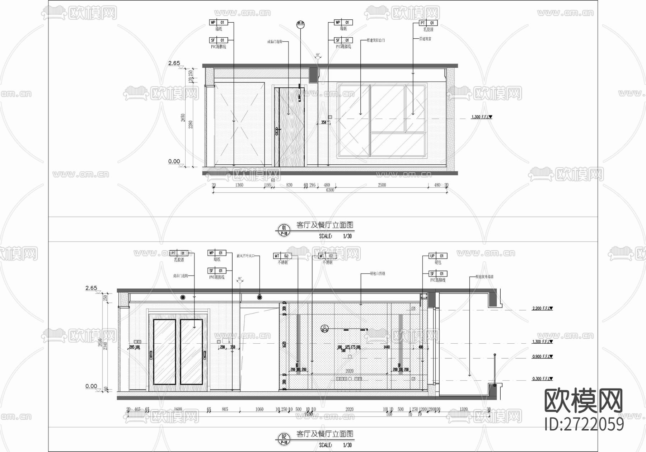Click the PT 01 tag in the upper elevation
(428, 23)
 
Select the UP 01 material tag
(438, 256)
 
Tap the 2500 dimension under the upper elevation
(382, 185)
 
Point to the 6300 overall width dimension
(330, 190)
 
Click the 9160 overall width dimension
(309, 414)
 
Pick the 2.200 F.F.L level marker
(542, 308)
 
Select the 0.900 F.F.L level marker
(542, 357)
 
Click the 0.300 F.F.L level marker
(542, 379)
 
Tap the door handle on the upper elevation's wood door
(277, 131)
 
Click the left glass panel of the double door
(164, 352)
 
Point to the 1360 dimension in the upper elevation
(239, 185)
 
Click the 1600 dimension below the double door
(178, 409)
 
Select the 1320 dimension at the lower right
(463, 409)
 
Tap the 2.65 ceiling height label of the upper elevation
(174, 63)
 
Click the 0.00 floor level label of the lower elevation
(91, 386)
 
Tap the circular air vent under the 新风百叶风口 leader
(259, 297)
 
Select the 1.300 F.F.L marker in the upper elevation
(481, 117)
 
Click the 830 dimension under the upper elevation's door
(289, 185)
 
